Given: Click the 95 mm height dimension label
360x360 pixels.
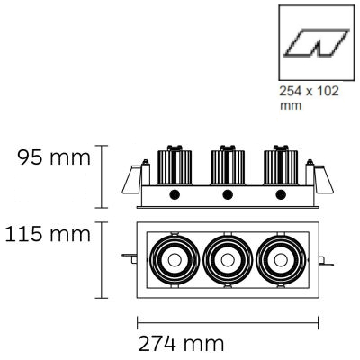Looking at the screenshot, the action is click(x=54, y=157).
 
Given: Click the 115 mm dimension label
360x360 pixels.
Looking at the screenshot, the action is click(x=48, y=234).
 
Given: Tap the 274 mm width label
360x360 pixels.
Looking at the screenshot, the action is click(x=181, y=344).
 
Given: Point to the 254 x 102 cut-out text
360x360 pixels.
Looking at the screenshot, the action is click(x=309, y=91).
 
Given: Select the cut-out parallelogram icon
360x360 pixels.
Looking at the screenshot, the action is click(x=317, y=43).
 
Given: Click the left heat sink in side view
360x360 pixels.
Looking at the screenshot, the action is click(x=175, y=166).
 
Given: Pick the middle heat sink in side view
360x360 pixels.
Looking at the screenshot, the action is click(x=228, y=166).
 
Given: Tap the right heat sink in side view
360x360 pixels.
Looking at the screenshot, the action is click(x=281, y=166).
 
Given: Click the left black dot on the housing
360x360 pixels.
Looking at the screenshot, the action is click(x=175, y=195).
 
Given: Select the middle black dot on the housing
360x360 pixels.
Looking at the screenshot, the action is click(x=228, y=195).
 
